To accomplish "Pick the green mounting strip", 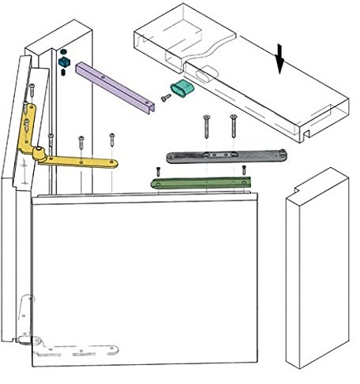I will (x=201, y=183).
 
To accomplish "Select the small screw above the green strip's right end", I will (x=246, y=168).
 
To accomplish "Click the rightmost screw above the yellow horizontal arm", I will (x=111, y=140).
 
